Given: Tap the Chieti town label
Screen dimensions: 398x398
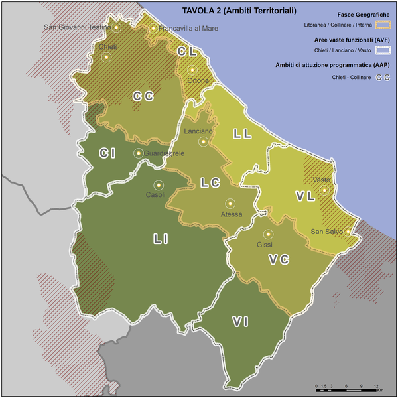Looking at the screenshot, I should coord(107,47).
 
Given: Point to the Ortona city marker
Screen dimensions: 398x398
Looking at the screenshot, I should coord(192,70).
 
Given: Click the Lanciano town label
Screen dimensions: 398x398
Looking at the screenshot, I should coord(198,131).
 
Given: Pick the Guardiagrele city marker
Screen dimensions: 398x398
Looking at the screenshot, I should coord(138,153).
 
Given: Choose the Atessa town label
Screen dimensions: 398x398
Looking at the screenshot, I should coord(232,214).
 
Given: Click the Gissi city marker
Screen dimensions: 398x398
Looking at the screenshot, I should coord(268,233).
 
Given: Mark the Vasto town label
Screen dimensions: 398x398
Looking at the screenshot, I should coord(321,180).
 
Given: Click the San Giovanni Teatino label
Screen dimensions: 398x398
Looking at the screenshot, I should coord(76,27).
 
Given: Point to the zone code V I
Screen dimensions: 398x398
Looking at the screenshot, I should coord(240,322).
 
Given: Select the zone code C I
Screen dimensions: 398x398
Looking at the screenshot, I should coord(107,154).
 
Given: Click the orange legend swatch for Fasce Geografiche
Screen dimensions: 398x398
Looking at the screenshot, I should coord(383,25).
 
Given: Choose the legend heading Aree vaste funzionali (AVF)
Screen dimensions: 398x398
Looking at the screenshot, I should coord(351,40).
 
